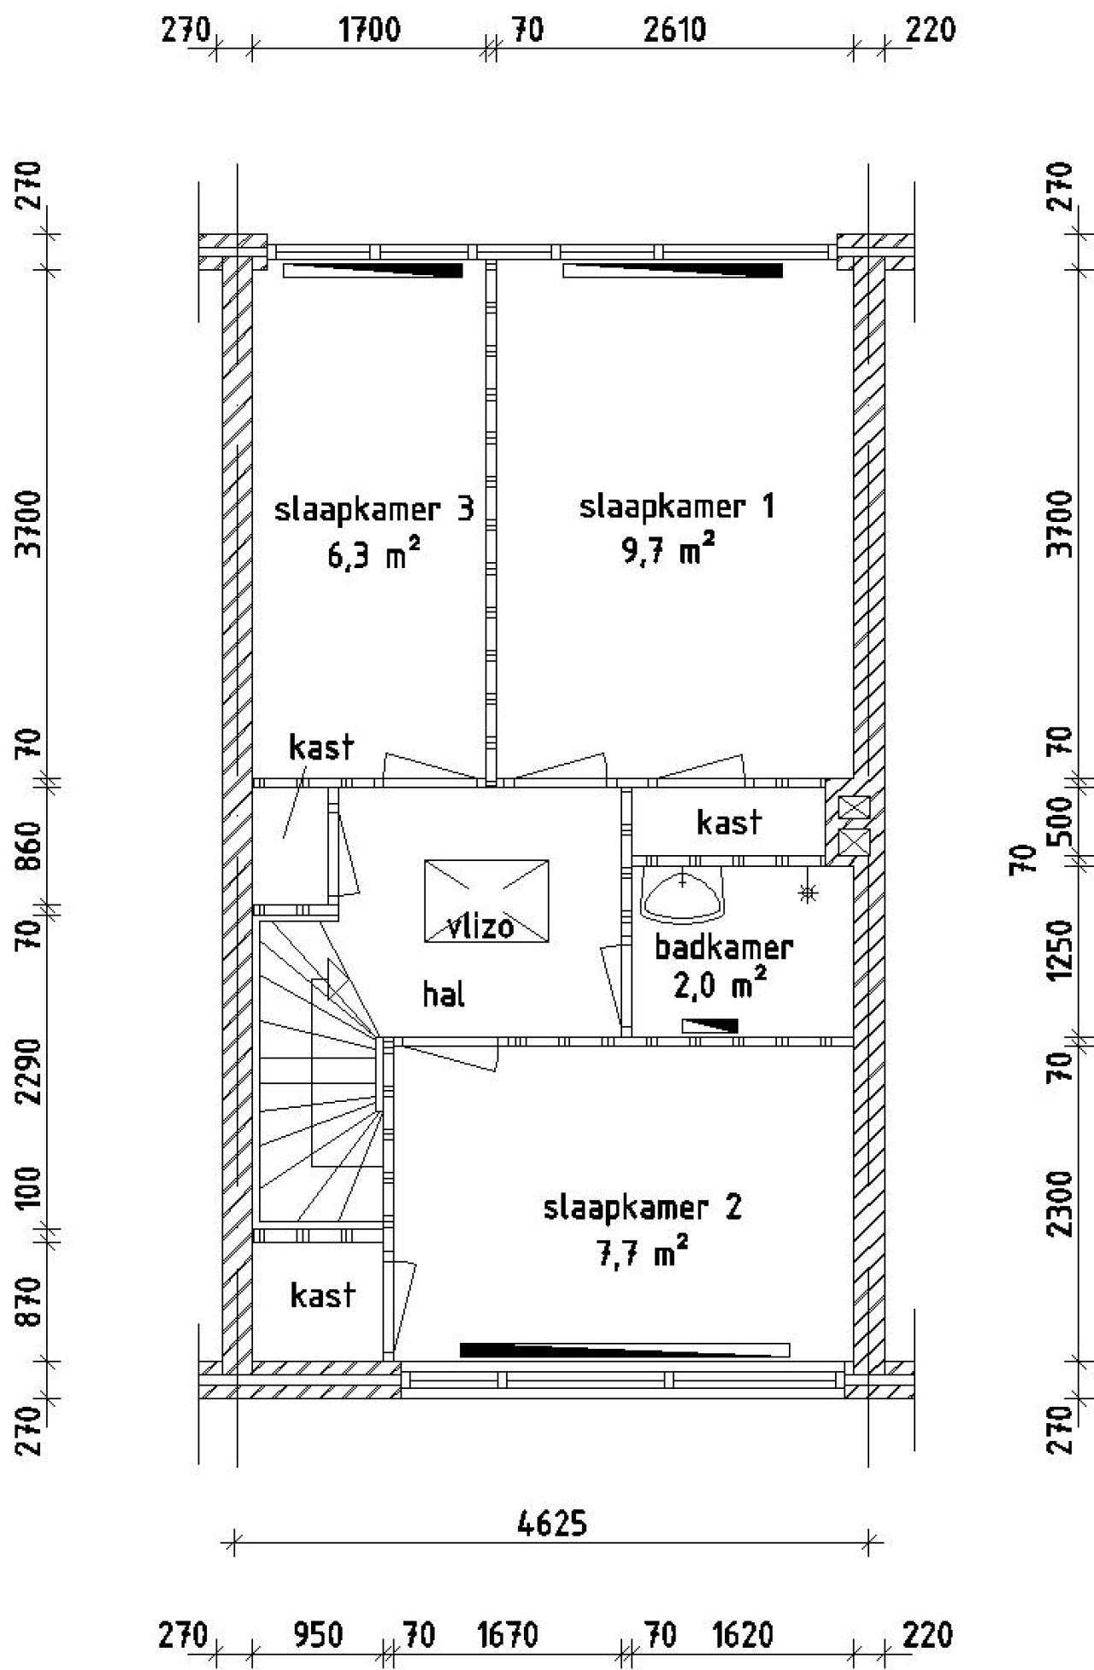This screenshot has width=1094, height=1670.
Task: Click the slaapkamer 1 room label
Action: click(x=677, y=507)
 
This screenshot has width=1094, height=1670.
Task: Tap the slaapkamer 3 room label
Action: click(x=373, y=510)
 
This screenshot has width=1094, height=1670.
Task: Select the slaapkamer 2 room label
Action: click(x=643, y=1209)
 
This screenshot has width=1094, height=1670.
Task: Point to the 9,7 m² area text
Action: click(x=668, y=551)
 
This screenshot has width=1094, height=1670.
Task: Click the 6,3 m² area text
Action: click(x=373, y=554)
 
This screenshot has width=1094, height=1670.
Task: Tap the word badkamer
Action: click(x=724, y=946)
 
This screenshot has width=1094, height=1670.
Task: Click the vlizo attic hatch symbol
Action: click(x=486, y=901)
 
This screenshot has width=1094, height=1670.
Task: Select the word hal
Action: click(x=444, y=994)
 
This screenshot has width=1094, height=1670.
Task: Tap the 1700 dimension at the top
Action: click(x=369, y=31)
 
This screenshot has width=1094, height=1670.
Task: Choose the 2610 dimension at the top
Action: click(x=675, y=31)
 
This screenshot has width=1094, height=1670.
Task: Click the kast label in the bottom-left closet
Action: click(x=322, y=1295)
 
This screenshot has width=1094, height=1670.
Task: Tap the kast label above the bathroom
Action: click(x=729, y=822)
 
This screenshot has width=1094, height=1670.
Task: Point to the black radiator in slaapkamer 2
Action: click(x=625, y=1350)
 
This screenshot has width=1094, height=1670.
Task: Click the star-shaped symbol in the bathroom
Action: click(x=806, y=894)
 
